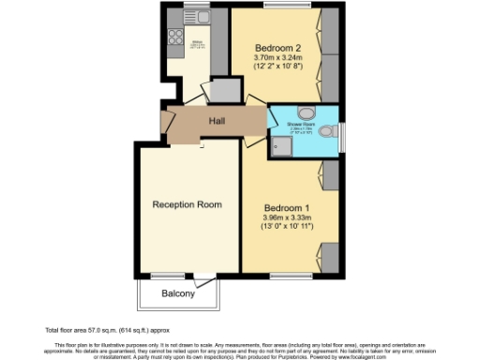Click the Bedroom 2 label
(278, 48)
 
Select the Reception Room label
(187, 204)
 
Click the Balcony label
(178, 293)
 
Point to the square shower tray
(280, 144)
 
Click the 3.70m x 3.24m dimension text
(278, 58)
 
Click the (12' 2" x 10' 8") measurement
(278, 67)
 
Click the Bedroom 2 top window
(277, 6)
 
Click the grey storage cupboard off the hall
(225, 90)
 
